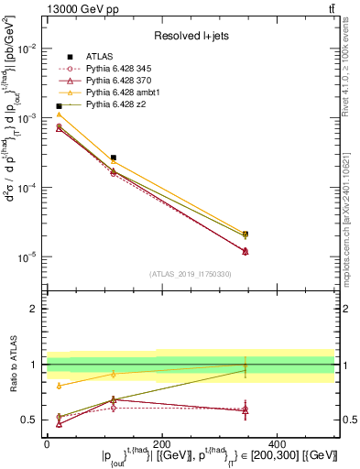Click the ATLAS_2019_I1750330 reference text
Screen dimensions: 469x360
click(x=190, y=274)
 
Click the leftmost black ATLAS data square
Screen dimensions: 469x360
click(x=59, y=106)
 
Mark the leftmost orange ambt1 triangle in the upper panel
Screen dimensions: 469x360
click(x=59, y=115)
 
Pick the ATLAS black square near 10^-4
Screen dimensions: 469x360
click(x=113, y=158)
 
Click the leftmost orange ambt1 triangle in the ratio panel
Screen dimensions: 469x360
click(x=59, y=386)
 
